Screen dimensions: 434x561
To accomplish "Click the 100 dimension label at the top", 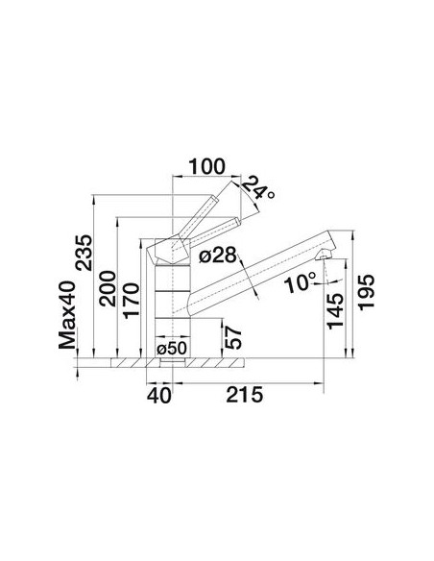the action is coord(207,167).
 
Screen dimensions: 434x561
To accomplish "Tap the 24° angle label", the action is coord(258,188).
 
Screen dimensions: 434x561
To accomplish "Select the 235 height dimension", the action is coord(84,253).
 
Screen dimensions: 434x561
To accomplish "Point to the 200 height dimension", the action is coord(108,289).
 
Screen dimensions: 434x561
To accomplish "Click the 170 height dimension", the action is coord(131,301).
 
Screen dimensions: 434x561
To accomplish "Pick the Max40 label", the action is coord(67,314).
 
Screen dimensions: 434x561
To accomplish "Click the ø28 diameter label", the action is coord(218,256).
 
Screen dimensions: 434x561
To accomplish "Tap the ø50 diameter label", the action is coord(172,348).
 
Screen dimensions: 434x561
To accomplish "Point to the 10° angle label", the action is coord(301,282).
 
